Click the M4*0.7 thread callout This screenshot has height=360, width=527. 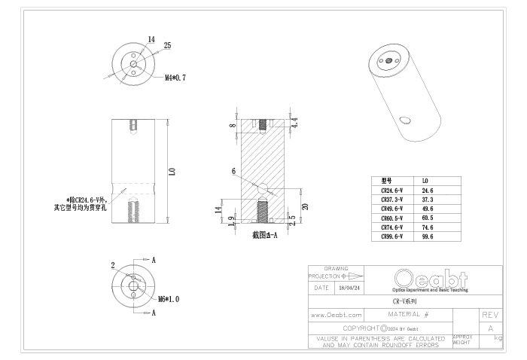[175, 78]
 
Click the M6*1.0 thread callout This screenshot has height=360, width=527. [167, 299]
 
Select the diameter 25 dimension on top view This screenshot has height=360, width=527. [167, 46]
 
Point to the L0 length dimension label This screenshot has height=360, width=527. [172, 172]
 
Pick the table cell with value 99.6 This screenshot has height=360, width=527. [428, 236]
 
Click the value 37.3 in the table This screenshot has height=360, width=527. [428, 200]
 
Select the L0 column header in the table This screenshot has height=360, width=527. [425, 182]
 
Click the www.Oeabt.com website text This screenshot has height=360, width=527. [337, 314]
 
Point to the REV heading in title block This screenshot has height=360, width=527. [490, 314]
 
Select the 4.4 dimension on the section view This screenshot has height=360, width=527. [295, 122]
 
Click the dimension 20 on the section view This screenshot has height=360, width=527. [305, 206]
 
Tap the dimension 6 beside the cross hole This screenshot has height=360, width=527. [233, 172]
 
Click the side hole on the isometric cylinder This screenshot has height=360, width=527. [405, 119]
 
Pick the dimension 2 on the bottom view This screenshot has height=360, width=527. [113, 266]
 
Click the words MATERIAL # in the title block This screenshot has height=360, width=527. [408, 314]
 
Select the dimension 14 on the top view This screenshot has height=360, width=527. [151, 38]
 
